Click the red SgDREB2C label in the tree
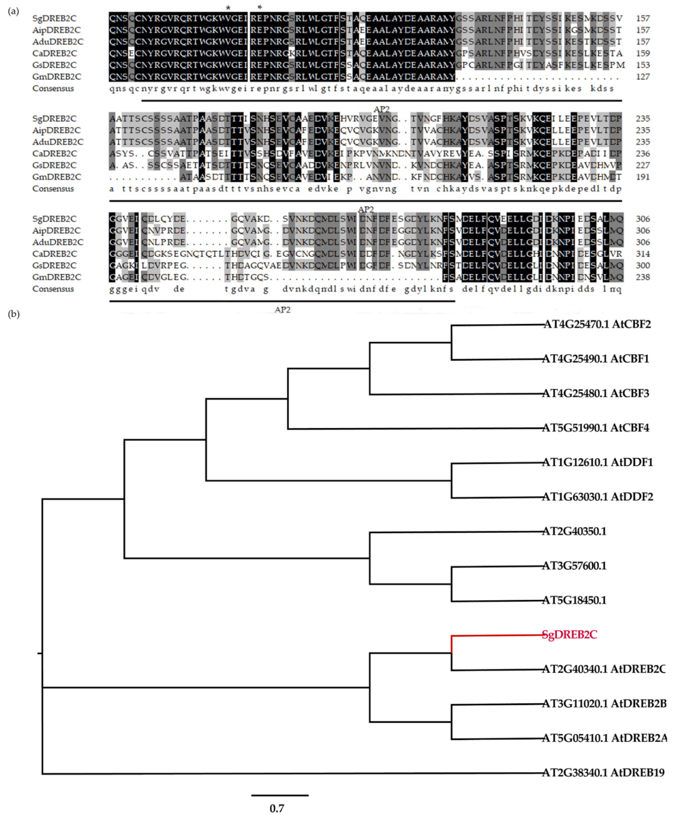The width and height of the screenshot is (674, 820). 569,635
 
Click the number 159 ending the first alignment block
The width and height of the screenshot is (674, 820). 643,53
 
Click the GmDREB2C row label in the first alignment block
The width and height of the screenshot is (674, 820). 57,76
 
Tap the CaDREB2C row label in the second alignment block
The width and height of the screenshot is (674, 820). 55,153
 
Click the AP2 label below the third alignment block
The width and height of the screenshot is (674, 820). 282,310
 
